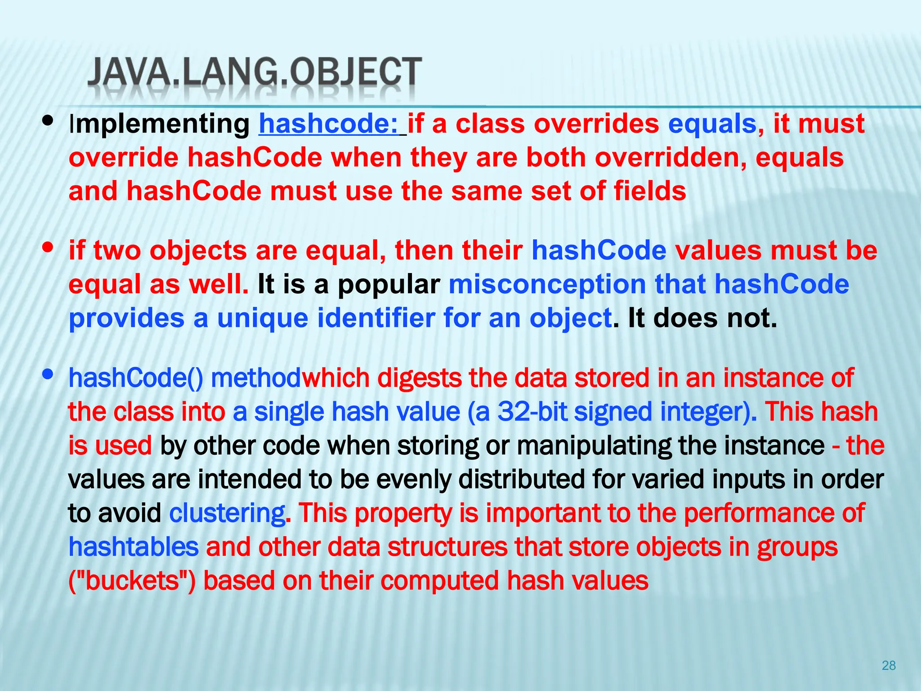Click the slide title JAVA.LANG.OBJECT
[x=255, y=72]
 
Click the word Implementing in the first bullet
[x=159, y=125]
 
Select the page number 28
[x=889, y=665]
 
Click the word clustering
[x=227, y=513]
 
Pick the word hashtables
[x=134, y=547]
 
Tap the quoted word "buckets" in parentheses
[x=132, y=580]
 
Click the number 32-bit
[x=532, y=412]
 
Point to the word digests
[x=419, y=378]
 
